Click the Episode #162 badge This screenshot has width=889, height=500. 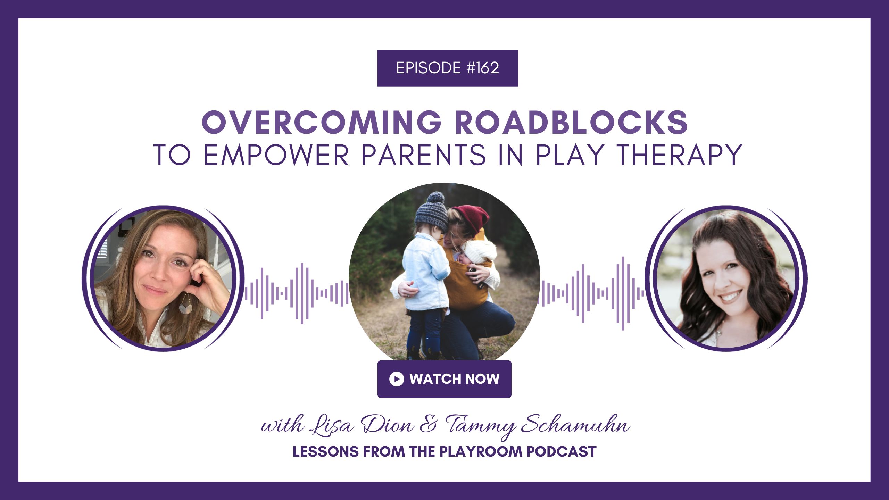tap(448, 68)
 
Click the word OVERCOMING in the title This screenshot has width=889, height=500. tap(322, 122)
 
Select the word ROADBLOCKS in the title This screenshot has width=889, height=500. tap(572, 122)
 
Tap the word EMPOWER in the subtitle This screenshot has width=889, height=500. tap(276, 155)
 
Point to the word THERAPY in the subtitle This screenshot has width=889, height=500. tap(679, 155)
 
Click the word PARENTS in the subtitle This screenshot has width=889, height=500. tap(424, 155)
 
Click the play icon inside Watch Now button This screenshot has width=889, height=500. tap(397, 379)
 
